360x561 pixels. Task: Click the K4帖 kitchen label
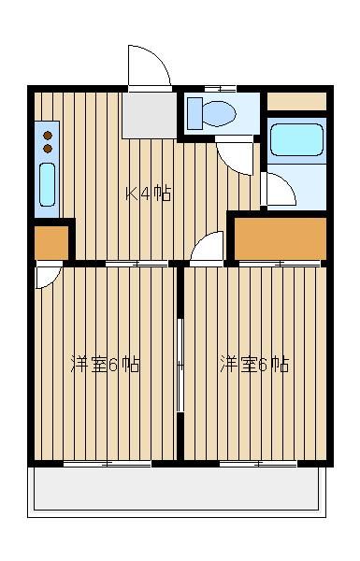coord(148,194)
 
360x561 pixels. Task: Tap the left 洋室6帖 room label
coord(106,365)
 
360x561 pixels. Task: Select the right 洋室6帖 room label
coord(254,365)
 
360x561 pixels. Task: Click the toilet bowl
coord(219,113)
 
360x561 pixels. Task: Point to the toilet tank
coord(195,113)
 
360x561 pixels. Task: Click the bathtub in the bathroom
coord(296,140)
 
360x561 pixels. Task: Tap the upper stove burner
coord(48,136)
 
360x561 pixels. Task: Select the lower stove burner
coord(48,149)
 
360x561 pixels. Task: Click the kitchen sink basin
coord(48,184)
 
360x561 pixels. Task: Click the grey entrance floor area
coord(150,116)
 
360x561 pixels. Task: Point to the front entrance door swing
coord(149,66)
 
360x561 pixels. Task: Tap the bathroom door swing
coord(279,189)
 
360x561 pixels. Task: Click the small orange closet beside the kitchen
coord(51,242)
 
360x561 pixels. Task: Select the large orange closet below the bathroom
coord(281,238)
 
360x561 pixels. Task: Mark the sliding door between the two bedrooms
coord(180,366)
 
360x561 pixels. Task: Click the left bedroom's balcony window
coord(108,464)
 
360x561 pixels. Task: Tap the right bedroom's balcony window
coord(258,464)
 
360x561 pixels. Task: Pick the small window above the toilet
coord(220,89)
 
